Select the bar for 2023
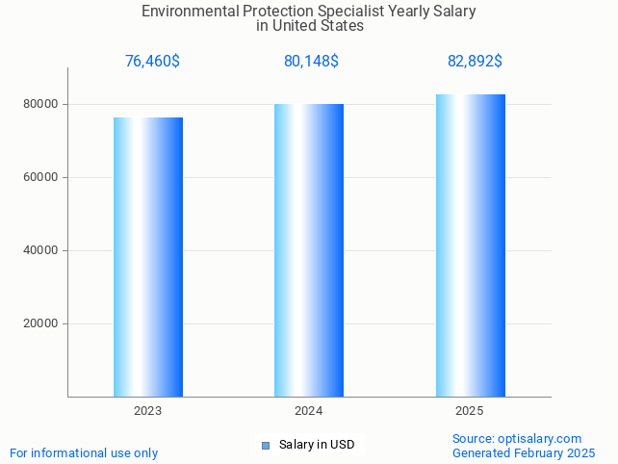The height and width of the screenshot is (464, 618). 148,257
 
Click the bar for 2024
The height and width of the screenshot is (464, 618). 309,250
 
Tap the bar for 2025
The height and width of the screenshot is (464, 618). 470,245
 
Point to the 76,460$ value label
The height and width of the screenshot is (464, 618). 152,62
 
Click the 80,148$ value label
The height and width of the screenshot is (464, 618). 311,62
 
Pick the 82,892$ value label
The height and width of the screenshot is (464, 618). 475,62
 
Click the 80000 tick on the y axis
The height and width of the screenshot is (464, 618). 41,104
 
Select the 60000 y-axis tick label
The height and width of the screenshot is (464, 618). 41,177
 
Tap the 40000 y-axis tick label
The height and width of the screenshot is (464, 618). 41,250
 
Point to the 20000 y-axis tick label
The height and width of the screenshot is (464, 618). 41,323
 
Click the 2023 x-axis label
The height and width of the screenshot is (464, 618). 148,411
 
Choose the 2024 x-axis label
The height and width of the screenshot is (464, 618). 309,411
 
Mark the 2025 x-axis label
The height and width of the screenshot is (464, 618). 470,411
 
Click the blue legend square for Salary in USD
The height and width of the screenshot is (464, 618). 266,445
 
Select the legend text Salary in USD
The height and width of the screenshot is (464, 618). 317,445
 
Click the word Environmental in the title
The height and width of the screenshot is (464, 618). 189,12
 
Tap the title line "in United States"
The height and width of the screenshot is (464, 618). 309,26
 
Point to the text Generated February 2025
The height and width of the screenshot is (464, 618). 524,452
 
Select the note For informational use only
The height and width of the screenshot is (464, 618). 84,452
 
